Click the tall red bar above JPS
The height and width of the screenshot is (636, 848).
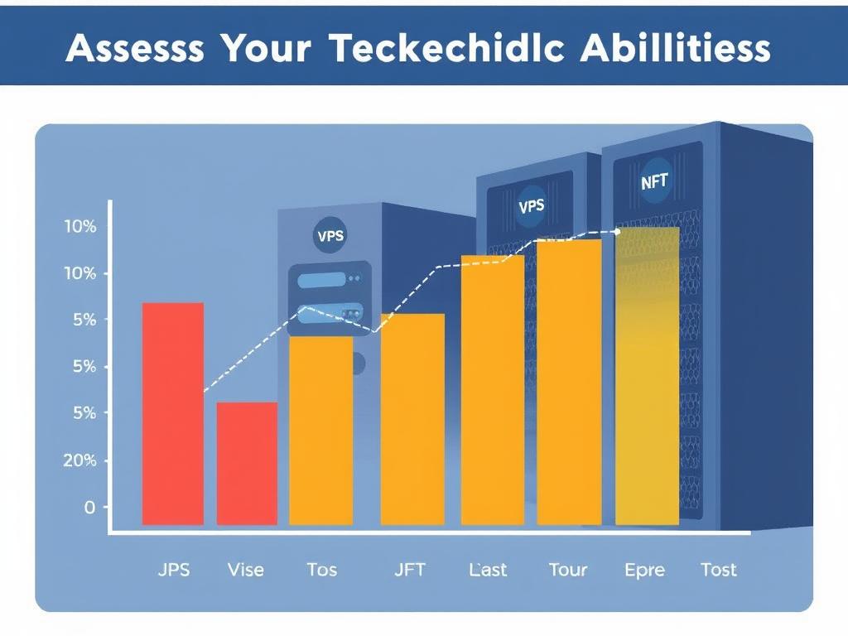[x=173, y=413]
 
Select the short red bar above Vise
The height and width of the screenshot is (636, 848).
[x=247, y=463]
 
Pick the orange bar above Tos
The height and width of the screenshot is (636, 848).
[x=320, y=430]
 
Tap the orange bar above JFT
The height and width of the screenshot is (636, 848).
[x=412, y=419]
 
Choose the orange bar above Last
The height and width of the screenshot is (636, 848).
[x=493, y=389]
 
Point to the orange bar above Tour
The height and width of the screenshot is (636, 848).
[x=569, y=382]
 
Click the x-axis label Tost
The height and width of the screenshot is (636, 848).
[x=718, y=570]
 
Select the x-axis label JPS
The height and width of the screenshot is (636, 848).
[x=172, y=570]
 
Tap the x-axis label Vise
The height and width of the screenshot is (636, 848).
[x=245, y=570]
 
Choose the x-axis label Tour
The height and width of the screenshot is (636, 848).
[x=568, y=570]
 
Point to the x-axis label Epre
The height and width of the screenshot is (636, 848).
[x=645, y=570]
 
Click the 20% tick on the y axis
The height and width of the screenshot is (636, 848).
[x=80, y=460]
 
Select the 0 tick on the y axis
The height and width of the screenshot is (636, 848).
[x=89, y=508]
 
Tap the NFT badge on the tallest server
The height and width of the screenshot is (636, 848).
[x=654, y=181]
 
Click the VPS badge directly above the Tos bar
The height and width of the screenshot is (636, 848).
[x=330, y=235]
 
